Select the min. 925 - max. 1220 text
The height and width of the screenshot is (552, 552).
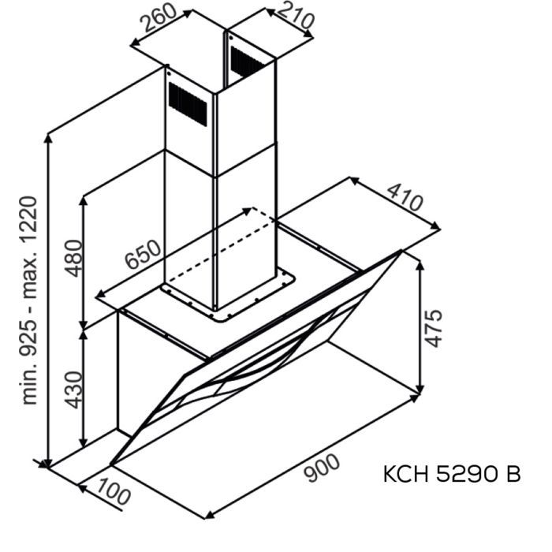click(x=28, y=300)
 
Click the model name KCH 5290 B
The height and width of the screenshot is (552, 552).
click(x=451, y=475)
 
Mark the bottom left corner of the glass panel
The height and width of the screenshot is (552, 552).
click(x=110, y=464)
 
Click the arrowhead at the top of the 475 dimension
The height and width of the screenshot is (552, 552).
click(x=420, y=263)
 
